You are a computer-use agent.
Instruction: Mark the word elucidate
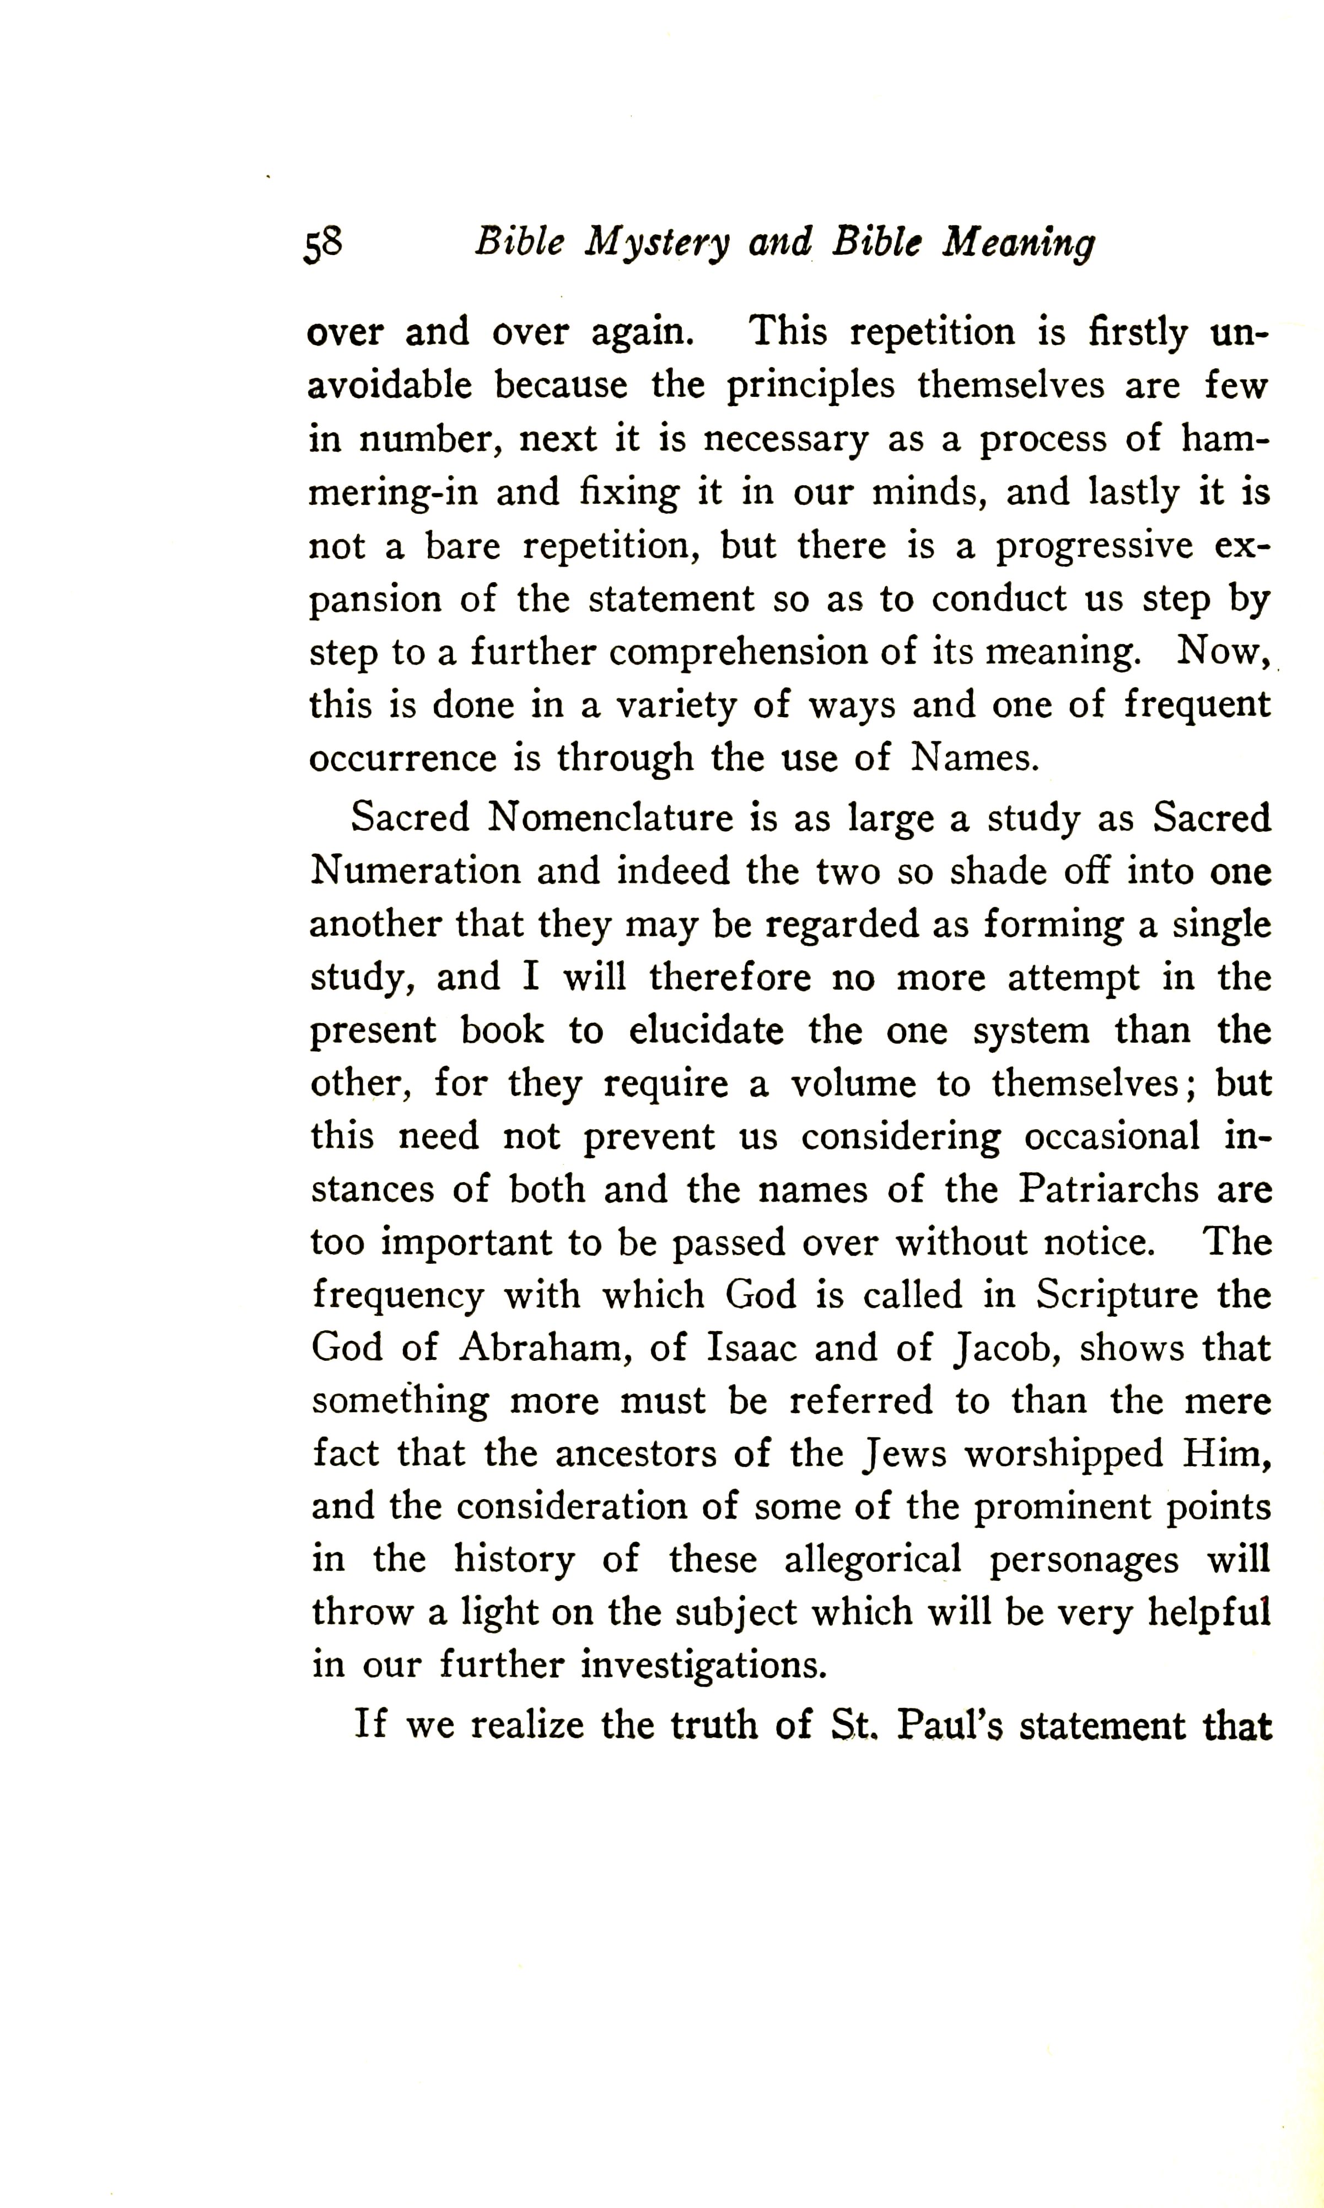tap(706, 1030)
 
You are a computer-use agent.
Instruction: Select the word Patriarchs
tap(1109, 1189)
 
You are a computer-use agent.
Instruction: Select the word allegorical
tap(873, 1560)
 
